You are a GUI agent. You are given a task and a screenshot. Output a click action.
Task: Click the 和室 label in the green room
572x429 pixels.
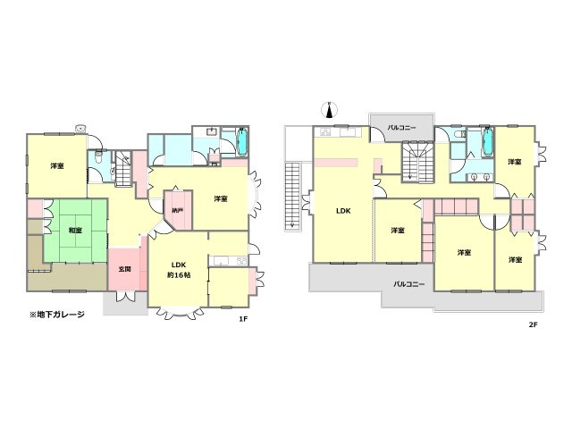[x=75, y=231]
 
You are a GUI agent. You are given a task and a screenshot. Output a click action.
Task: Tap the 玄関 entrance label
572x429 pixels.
[x=125, y=269]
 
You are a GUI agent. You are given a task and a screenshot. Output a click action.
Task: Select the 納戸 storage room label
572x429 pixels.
[x=177, y=211]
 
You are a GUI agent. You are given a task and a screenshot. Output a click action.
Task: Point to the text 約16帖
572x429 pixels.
[x=179, y=275]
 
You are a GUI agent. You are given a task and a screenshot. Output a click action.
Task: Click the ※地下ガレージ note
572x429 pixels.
[x=57, y=315]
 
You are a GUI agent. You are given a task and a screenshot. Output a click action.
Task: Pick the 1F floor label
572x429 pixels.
[x=243, y=319]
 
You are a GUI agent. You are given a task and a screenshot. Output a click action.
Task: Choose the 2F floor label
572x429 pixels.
[x=533, y=324]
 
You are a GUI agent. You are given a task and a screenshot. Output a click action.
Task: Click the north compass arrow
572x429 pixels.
[x=330, y=110]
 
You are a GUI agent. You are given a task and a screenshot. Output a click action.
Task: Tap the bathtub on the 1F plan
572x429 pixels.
[x=242, y=141]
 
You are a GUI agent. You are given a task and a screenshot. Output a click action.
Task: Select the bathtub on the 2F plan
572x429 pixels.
[x=487, y=141]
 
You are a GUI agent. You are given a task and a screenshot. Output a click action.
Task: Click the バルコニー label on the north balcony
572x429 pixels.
[x=401, y=128]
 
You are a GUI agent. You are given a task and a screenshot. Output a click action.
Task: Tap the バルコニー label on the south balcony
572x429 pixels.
[x=409, y=284]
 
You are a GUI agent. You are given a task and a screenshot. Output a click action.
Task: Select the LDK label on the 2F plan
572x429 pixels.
[x=343, y=211]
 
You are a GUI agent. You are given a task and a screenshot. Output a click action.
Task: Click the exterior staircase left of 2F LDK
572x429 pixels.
[x=292, y=197]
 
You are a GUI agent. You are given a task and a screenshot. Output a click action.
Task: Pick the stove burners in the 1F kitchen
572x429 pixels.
[x=241, y=261]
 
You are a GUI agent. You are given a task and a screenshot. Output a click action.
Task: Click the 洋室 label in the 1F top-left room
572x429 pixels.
[x=57, y=166]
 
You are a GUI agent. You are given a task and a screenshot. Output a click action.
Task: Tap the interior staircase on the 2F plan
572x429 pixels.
[x=418, y=163]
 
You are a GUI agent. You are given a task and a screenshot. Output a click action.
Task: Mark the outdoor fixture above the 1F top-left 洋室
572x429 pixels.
[x=80, y=129]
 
